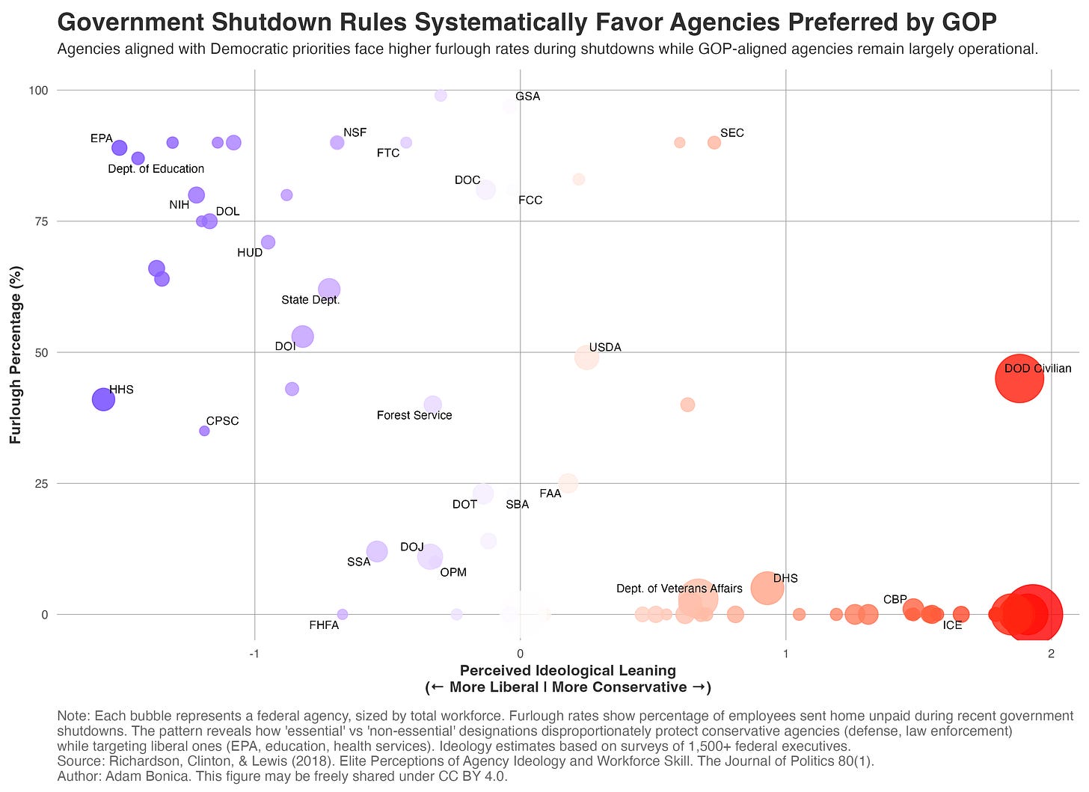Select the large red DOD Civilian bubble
click(x=1019, y=378)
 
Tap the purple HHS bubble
click(x=103, y=399)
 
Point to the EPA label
click(x=101, y=138)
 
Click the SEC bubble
click(x=714, y=142)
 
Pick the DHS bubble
click(x=767, y=588)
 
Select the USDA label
click(x=605, y=347)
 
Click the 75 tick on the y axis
click(x=38, y=221)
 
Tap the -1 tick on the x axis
click(x=254, y=654)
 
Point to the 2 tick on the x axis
click(x=1051, y=654)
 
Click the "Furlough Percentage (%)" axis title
click(x=15, y=352)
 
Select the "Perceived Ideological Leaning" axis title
click(x=568, y=671)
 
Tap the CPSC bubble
click(x=204, y=431)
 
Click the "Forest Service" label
click(x=414, y=415)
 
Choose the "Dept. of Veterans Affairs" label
click(x=679, y=589)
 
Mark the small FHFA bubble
click(x=343, y=614)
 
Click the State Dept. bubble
click(x=329, y=289)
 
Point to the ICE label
click(x=952, y=625)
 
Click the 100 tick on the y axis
click(x=38, y=90)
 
